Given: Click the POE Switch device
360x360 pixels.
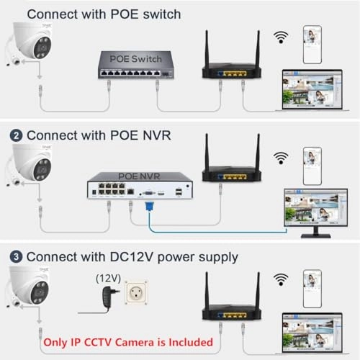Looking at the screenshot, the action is (136, 65).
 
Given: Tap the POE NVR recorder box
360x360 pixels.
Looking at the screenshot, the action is (140, 185).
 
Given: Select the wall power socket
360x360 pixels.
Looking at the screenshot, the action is (136, 292).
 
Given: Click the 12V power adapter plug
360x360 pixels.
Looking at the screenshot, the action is (110, 297).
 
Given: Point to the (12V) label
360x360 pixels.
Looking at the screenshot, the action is (108, 279).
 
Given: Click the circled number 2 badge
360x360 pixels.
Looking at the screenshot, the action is (16, 136).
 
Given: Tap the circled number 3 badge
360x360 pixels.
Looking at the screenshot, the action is (16, 257).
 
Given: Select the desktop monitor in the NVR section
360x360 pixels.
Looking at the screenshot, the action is (316, 213).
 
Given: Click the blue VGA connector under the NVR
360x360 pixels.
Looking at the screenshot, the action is (149, 207).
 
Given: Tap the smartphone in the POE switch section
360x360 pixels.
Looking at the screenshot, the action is (312, 45).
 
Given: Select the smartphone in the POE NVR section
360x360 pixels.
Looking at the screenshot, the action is (312, 166).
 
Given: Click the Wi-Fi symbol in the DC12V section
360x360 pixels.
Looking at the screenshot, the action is (281, 279).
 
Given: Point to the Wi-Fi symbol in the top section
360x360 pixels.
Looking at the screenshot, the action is (281, 37).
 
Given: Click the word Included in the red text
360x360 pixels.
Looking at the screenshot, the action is (191, 342).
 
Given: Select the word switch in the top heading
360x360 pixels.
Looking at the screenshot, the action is (162, 14).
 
